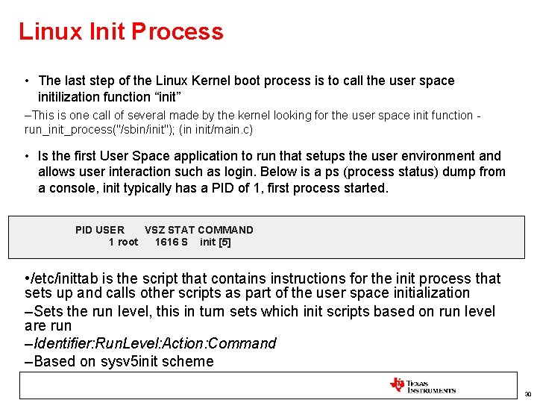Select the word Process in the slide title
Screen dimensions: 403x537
[177, 31]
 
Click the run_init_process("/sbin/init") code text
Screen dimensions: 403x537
[97, 130]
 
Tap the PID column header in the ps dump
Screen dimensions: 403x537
[86, 230]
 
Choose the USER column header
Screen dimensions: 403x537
[111, 230]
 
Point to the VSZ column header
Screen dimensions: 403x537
[154, 230]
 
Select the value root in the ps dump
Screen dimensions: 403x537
[128, 242]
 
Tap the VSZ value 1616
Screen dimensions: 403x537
[166, 242]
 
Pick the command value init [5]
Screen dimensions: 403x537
[215, 242]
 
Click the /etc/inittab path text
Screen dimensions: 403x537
[60, 278]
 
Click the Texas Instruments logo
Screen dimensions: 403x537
[422, 385]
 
